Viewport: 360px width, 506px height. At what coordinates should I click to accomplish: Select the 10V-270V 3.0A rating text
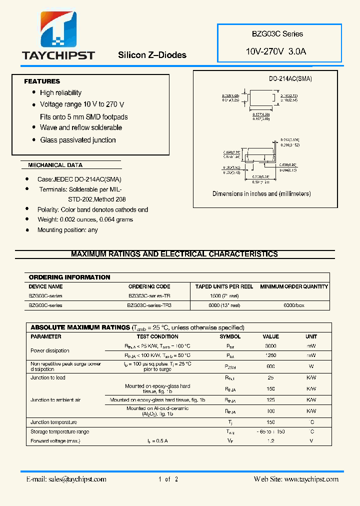tap(275, 51)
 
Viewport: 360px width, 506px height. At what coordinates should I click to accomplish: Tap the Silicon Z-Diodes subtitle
tap(152, 55)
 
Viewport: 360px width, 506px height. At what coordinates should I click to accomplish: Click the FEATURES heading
tap(42, 81)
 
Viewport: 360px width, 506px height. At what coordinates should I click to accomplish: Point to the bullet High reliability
tap(60, 92)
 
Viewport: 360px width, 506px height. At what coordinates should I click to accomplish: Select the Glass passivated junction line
tap(77, 140)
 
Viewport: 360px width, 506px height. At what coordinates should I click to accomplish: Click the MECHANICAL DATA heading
tap(55, 165)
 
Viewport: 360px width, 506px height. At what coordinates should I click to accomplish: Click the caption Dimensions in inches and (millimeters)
tap(261, 193)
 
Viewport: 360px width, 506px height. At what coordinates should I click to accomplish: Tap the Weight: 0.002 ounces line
tap(85, 219)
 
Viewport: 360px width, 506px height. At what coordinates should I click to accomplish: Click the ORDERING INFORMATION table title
tap(69, 277)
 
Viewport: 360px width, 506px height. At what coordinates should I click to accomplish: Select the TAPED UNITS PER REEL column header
tap(224, 286)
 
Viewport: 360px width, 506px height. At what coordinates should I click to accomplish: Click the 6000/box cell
tap(294, 305)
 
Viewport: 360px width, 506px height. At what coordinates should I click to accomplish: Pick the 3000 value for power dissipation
tap(271, 346)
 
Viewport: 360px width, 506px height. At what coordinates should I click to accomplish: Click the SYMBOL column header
tap(230, 336)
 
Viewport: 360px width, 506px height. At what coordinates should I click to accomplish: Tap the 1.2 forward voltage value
tap(271, 441)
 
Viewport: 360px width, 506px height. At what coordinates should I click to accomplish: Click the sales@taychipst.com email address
tap(77, 479)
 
